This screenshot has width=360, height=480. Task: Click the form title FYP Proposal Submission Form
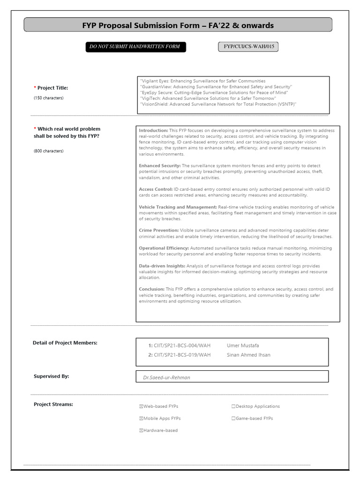point(178,25)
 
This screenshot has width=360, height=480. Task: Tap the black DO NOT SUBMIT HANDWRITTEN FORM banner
point(135,47)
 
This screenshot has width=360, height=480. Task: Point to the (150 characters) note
point(48,98)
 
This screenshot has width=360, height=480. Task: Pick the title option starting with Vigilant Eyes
point(202,81)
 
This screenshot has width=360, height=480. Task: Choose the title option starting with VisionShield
point(218,104)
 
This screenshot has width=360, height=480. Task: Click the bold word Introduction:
point(153,130)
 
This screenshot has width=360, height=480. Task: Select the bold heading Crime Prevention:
point(159,231)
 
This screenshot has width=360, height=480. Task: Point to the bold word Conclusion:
point(151,289)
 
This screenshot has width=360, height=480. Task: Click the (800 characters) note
point(48,151)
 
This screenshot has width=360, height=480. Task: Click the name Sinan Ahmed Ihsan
point(248,355)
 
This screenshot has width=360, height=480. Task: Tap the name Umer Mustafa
point(242,345)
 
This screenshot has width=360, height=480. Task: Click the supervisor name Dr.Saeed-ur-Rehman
point(166,377)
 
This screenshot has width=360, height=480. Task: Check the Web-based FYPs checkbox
point(141,406)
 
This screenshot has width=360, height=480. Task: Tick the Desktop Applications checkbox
point(233,406)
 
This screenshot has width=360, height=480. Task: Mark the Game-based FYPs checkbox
point(233,418)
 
